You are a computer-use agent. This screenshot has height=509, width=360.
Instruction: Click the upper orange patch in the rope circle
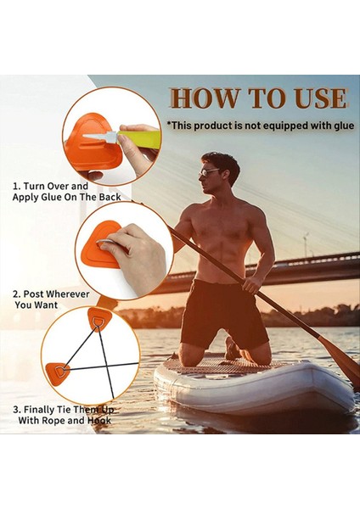[x=98, y=321]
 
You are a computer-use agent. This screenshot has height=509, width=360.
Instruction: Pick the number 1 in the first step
[x=14, y=185]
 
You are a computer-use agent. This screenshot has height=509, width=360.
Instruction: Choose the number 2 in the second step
[x=15, y=294]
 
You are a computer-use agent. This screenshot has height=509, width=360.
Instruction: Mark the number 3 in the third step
[x=15, y=409]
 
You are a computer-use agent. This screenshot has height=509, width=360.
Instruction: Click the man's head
[x=219, y=170]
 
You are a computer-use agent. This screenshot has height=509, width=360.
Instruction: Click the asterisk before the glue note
[x=171, y=125]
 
